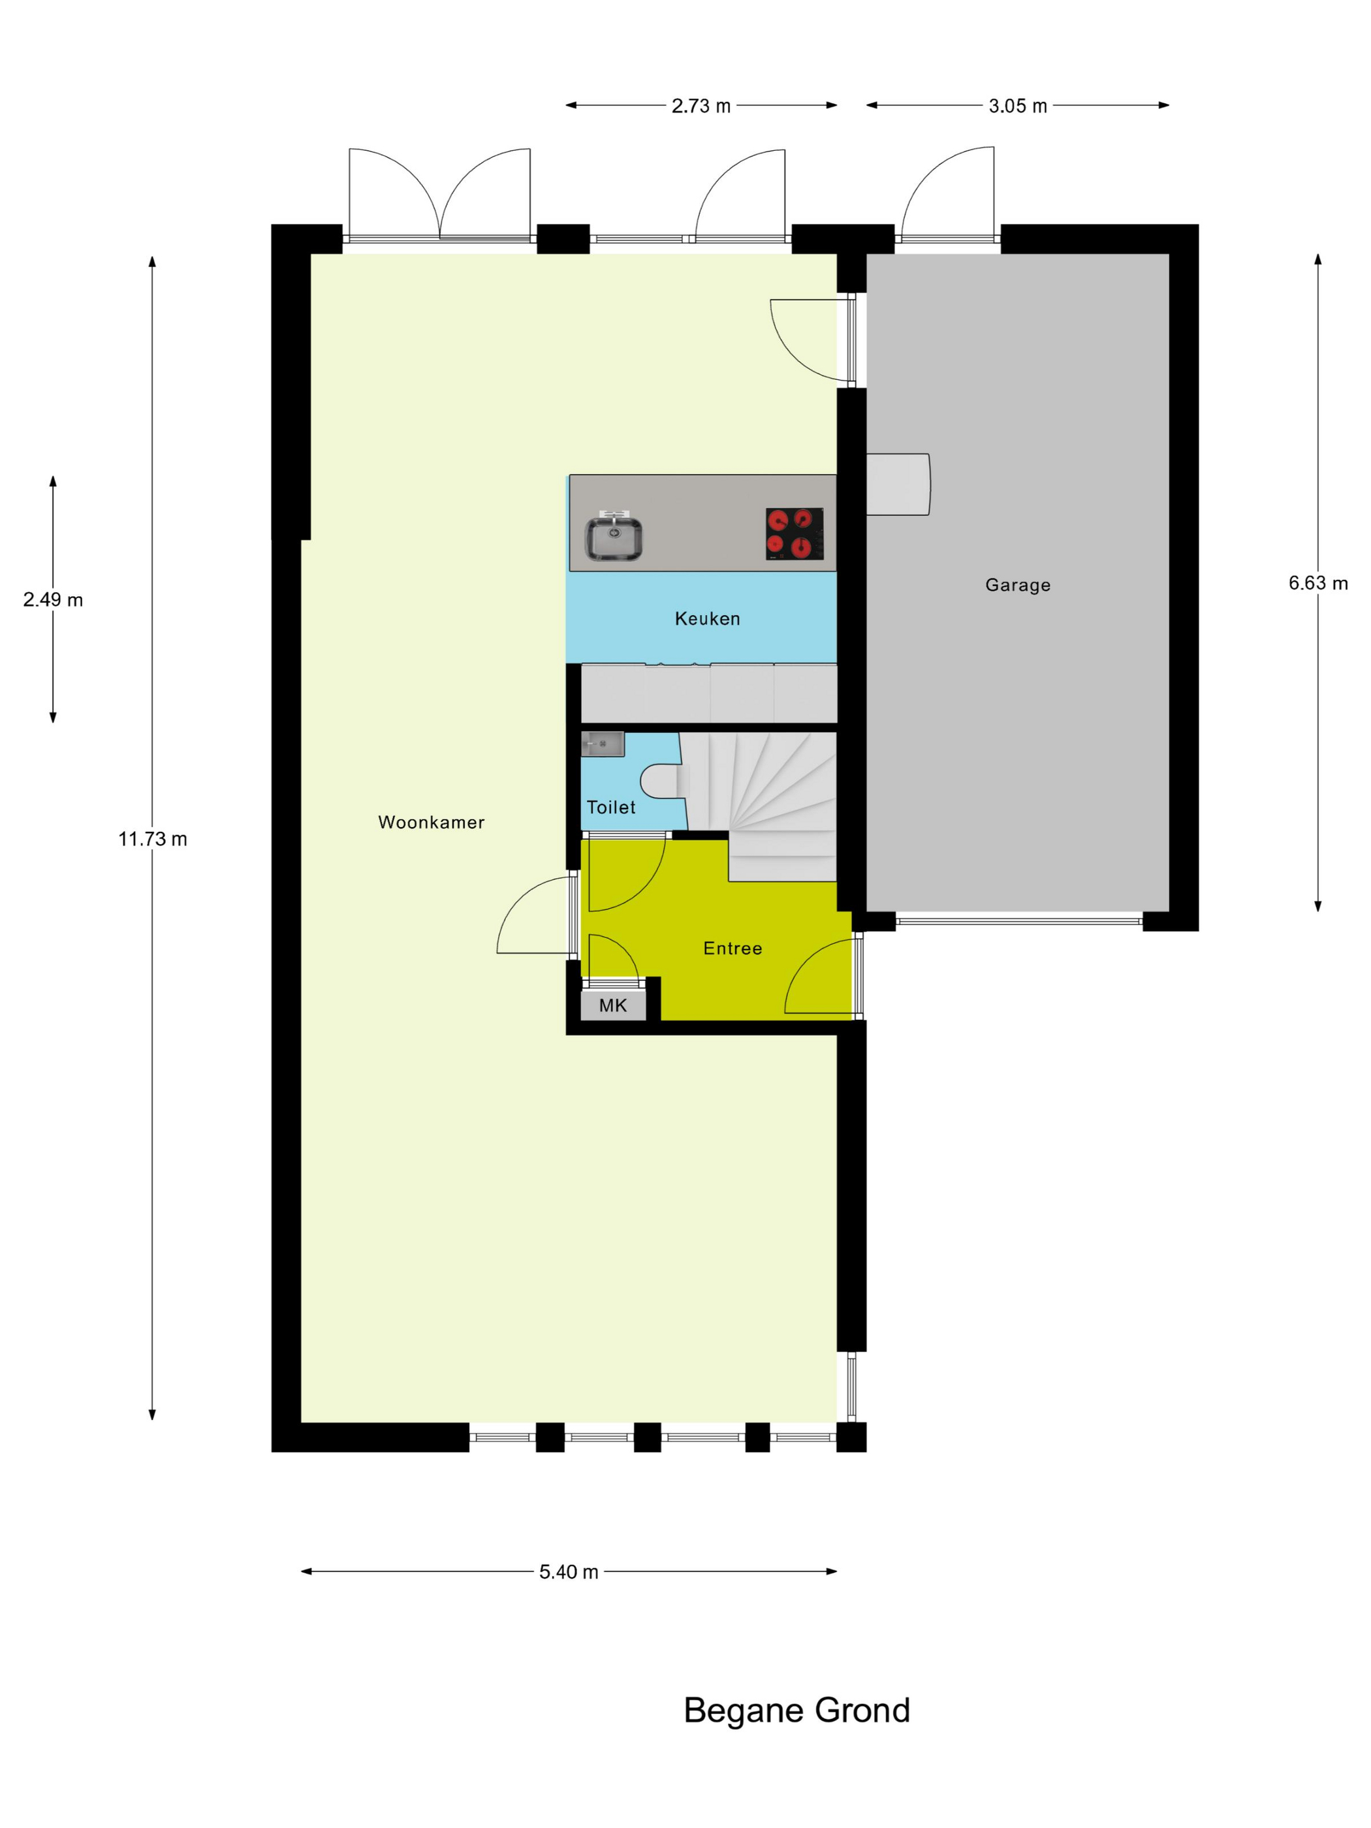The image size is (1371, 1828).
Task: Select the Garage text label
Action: [x=1017, y=585]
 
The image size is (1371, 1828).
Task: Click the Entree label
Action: [x=733, y=948]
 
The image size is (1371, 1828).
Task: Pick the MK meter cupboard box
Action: [x=613, y=1004]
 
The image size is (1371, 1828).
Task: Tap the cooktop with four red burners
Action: [x=794, y=534]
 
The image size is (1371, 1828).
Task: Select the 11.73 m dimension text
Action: [x=153, y=839]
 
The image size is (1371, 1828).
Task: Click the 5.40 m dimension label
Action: [x=569, y=1572]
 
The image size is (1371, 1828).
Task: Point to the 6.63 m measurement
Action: [x=1318, y=584]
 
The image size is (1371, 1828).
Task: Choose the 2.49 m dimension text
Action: [x=53, y=600]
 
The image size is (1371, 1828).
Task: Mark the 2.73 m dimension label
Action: [x=701, y=106]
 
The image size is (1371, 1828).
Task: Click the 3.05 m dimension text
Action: [x=1017, y=106]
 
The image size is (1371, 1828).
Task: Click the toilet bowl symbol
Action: [x=663, y=781]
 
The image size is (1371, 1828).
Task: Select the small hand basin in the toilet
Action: [x=603, y=744]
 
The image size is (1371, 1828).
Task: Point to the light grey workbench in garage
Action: [x=898, y=484]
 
